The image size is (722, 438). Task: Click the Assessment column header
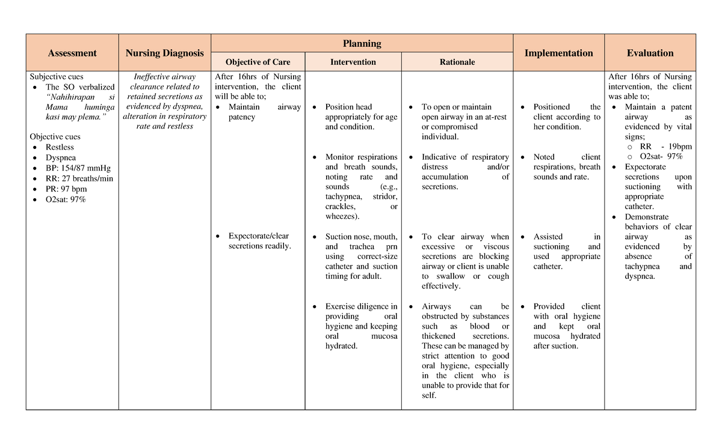tap(72, 53)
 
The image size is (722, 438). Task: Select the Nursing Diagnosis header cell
tap(164, 53)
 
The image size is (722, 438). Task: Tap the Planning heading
tap(362, 43)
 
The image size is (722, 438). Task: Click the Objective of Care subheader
tap(258, 62)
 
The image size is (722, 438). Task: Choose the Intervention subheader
tap(353, 62)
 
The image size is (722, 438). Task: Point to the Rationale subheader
tap(457, 62)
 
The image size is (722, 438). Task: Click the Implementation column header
tap(558, 53)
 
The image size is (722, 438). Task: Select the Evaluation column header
tap(650, 53)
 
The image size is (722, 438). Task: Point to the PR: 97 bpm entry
tap(66, 189)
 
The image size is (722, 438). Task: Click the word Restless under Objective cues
tap(60, 147)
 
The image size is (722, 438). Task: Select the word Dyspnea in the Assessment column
tap(61, 157)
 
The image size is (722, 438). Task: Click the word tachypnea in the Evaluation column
tap(643, 266)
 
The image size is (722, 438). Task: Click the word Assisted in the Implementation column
tap(548, 237)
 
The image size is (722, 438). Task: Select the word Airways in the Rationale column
tap(436, 306)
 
